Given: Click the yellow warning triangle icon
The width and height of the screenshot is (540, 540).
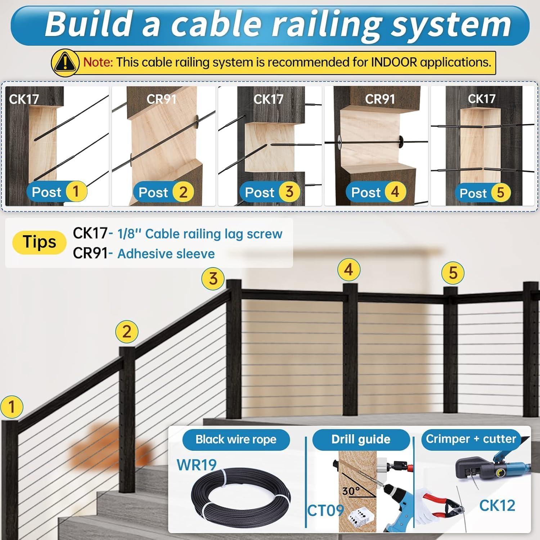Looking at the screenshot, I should coord(65,63).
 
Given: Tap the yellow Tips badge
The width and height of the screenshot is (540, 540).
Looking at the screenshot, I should coord(39,242).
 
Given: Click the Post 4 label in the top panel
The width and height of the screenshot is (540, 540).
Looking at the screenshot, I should coord(378,192).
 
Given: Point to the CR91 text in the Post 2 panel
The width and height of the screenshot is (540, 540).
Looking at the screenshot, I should coord(161,99).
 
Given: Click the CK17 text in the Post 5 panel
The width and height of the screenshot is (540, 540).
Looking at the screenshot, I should coord(481,99).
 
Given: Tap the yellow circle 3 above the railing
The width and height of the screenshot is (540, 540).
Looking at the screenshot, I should coord(213,279).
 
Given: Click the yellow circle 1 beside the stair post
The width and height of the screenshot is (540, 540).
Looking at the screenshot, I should coord(12,407).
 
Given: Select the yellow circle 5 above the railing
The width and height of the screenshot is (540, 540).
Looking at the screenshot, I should coord(453,273).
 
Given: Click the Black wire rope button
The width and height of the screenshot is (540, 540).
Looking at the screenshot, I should coord(236,440).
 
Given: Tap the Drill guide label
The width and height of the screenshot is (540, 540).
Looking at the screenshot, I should coord(361,439).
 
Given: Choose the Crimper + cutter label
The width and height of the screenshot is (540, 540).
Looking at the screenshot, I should coord(471,439).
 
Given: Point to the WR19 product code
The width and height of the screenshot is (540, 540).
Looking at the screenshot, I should coord(197,465).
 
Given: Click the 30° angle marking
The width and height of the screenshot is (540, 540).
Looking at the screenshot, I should coord(351,491).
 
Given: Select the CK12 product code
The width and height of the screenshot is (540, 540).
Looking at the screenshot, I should coord(497,506).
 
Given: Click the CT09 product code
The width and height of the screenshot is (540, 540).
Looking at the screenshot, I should coord(325,510).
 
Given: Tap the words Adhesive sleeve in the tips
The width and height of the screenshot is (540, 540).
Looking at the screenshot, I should coord(166,254).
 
